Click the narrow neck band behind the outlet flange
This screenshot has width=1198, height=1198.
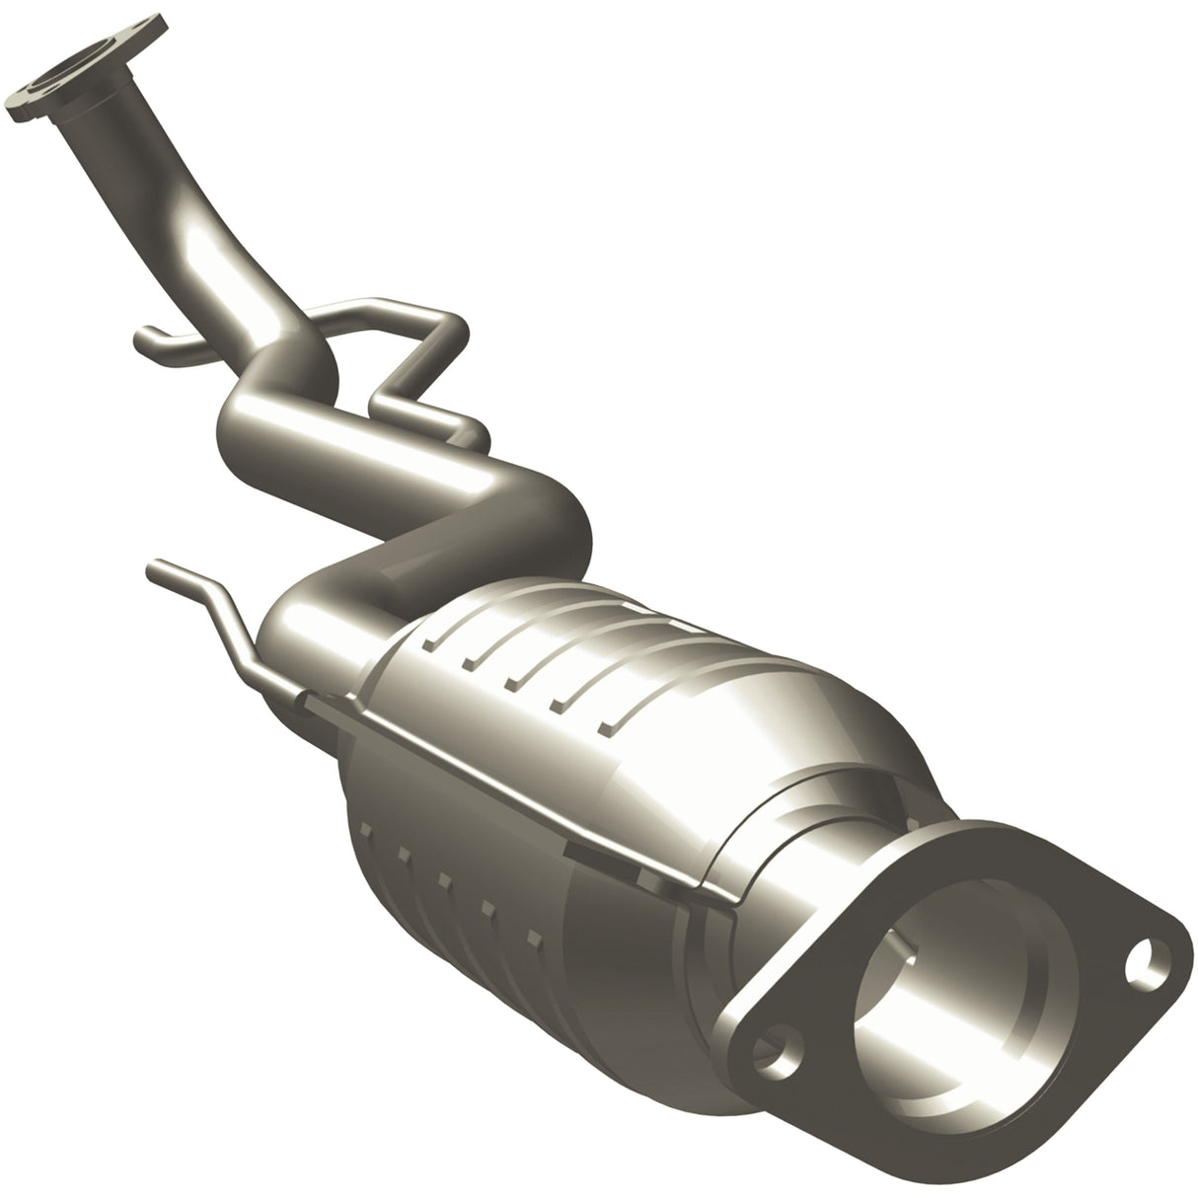pos(799,868)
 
